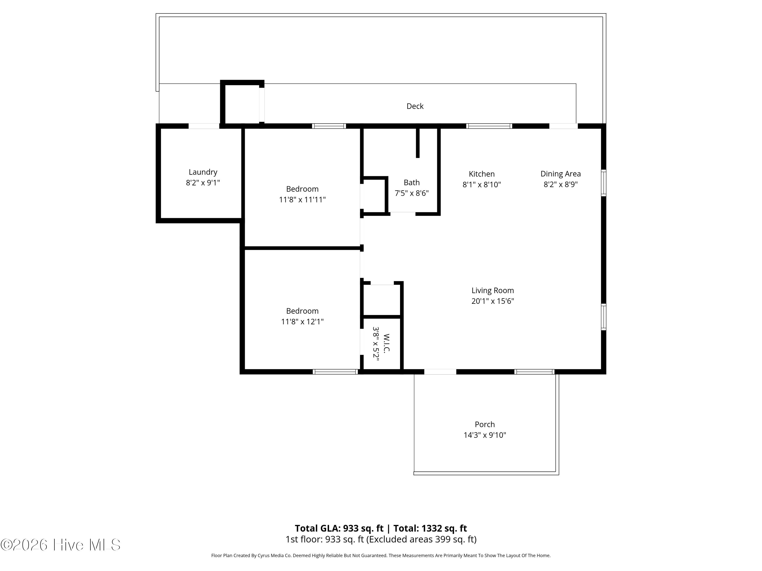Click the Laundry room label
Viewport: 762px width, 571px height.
tap(203, 172)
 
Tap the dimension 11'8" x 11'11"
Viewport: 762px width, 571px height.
tap(302, 200)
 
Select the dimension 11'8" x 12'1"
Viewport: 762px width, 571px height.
tap(302, 322)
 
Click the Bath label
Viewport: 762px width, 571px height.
tap(412, 182)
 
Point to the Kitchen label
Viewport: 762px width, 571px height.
tap(481, 174)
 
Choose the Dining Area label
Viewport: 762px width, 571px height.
tap(561, 174)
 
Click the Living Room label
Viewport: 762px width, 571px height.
tap(492, 291)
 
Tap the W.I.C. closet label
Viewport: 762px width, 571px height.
tap(386, 343)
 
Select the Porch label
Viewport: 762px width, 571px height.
tap(484, 424)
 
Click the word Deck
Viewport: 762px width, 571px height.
tap(415, 106)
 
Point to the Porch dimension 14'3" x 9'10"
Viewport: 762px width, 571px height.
tap(484, 435)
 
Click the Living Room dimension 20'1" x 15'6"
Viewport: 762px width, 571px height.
tap(492, 301)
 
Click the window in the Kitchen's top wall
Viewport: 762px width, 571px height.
tap(489, 126)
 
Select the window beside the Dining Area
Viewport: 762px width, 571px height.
tap(604, 183)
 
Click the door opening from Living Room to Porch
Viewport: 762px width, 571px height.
tap(440, 372)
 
